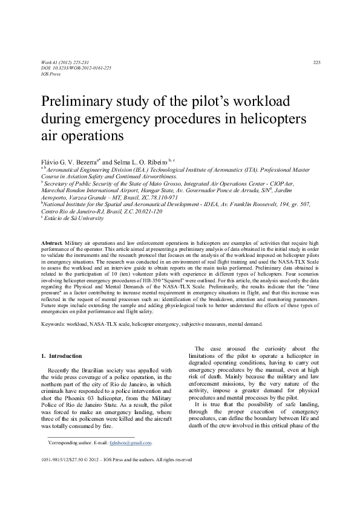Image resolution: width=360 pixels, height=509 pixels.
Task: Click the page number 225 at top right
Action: (x=316, y=63)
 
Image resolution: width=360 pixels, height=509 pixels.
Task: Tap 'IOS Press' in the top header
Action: (x=51, y=74)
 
